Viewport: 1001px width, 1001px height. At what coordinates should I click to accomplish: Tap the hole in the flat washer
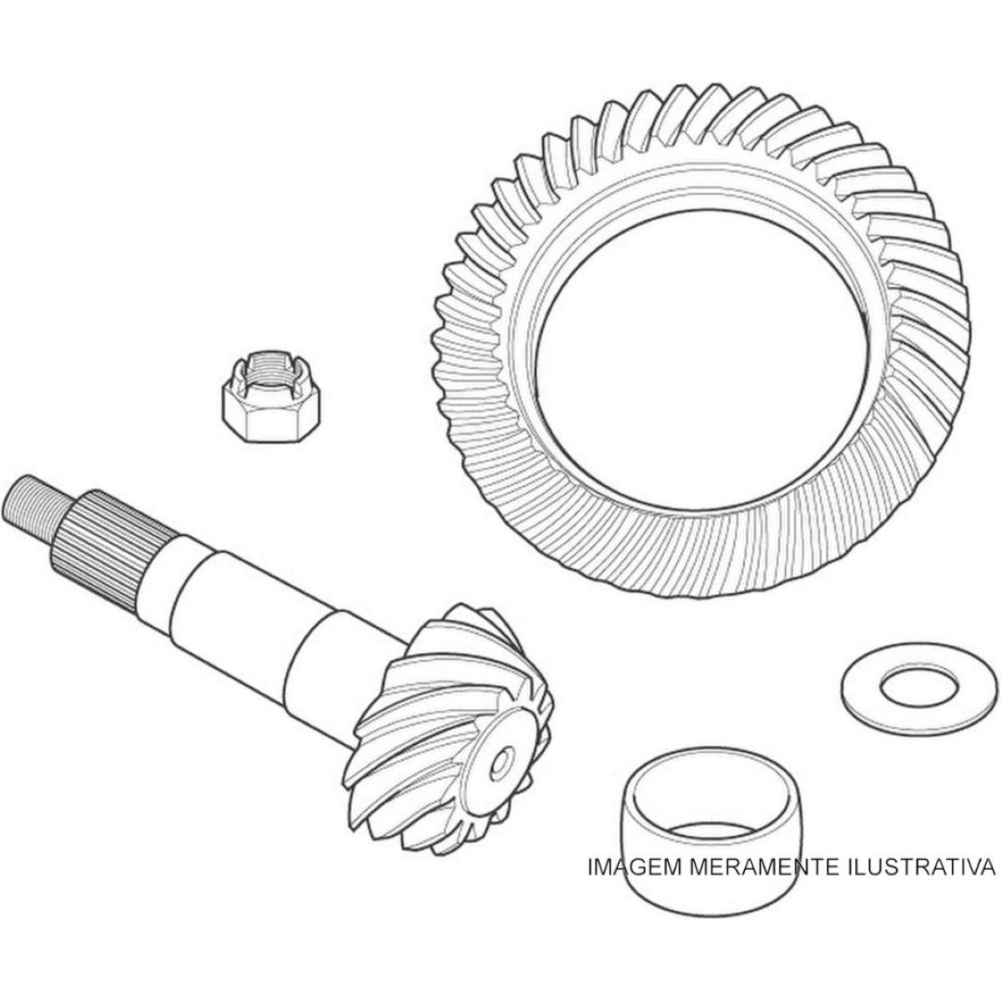click(x=919, y=687)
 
